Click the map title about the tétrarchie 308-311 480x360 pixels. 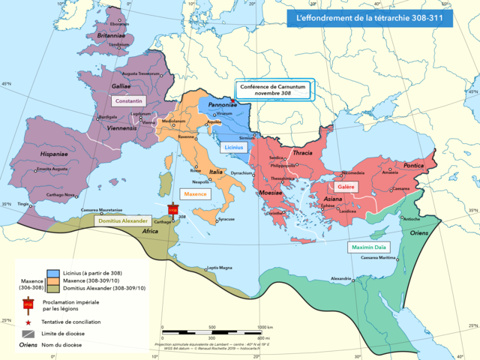tap(370, 17)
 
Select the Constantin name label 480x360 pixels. tap(127, 100)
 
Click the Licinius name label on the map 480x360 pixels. tap(235, 148)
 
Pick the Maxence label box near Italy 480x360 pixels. tap(195, 193)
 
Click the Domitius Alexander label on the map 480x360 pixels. tap(121, 221)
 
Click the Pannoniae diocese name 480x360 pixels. tap(223, 106)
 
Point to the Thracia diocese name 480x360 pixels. tap(302, 153)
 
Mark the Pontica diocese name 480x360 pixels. tap(414, 165)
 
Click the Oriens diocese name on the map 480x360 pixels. tap(410, 232)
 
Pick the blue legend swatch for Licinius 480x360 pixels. tap(53, 272)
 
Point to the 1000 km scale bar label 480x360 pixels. tap(265, 327)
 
